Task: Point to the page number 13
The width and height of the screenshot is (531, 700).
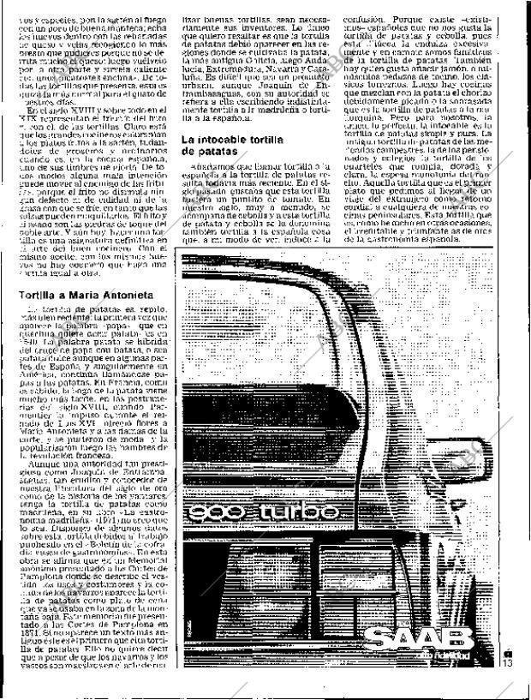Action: (507, 660)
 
